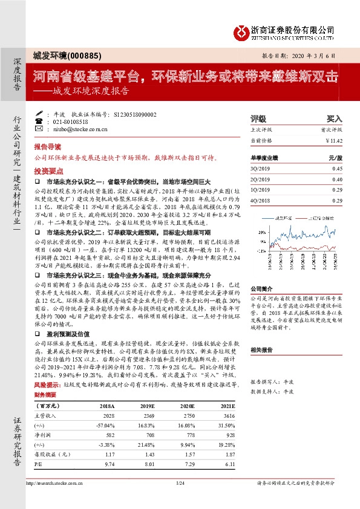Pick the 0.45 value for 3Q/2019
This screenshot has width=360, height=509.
click(x=337, y=169)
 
